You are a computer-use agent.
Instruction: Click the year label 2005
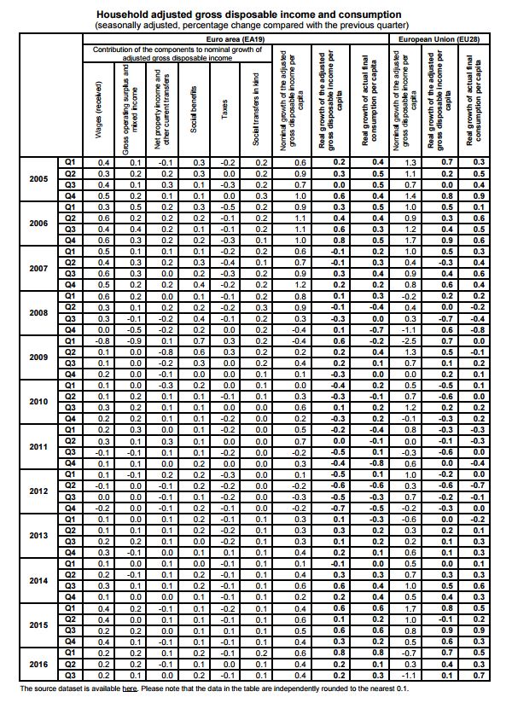tap(38, 180)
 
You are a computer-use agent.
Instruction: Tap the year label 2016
tap(38, 663)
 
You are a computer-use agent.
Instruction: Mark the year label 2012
tap(38, 492)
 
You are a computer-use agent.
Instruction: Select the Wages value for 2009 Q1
tap(103, 340)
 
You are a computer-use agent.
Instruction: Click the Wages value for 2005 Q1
tap(103, 161)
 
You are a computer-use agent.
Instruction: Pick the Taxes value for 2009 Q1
tap(224, 340)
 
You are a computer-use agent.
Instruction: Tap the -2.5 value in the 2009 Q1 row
tap(410, 340)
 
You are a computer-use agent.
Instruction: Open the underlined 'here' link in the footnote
tap(130, 688)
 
